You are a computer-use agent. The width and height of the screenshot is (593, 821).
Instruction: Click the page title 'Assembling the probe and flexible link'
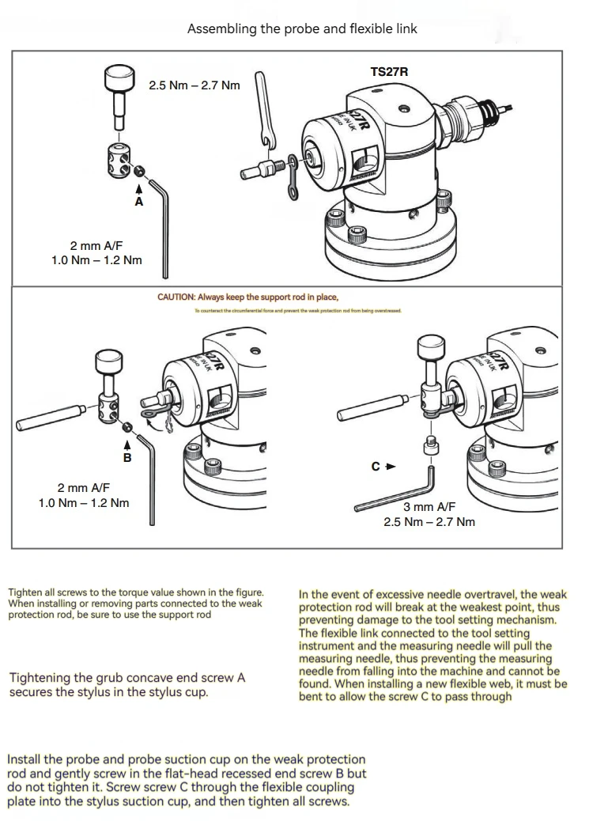pyautogui.click(x=302, y=28)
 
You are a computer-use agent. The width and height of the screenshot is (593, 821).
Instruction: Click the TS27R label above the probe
pyautogui.click(x=389, y=73)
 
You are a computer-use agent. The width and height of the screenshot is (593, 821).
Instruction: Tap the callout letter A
pyautogui.click(x=139, y=202)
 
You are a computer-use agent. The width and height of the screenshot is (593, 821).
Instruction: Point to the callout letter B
pyautogui.click(x=127, y=457)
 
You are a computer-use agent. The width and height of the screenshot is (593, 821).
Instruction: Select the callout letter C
pyautogui.click(x=376, y=467)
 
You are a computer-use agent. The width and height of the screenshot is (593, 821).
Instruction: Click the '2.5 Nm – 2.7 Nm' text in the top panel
pyautogui.click(x=194, y=85)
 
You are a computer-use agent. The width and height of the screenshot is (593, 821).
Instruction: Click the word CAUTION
pyautogui.click(x=176, y=297)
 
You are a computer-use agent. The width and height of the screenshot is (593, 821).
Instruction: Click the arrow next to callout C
pyautogui.click(x=390, y=467)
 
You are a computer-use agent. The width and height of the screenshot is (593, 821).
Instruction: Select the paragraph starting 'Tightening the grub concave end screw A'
pyautogui.click(x=127, y=684)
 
